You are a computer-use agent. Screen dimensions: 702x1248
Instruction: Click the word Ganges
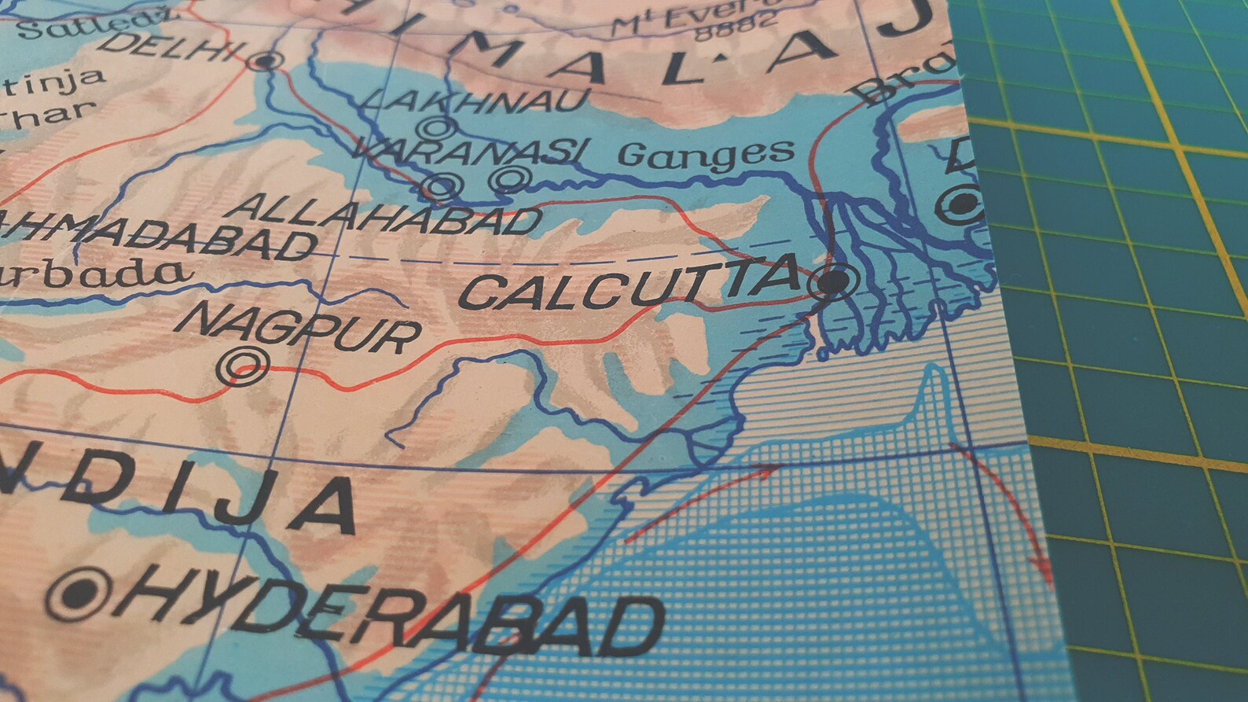click(x=705, y=153)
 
